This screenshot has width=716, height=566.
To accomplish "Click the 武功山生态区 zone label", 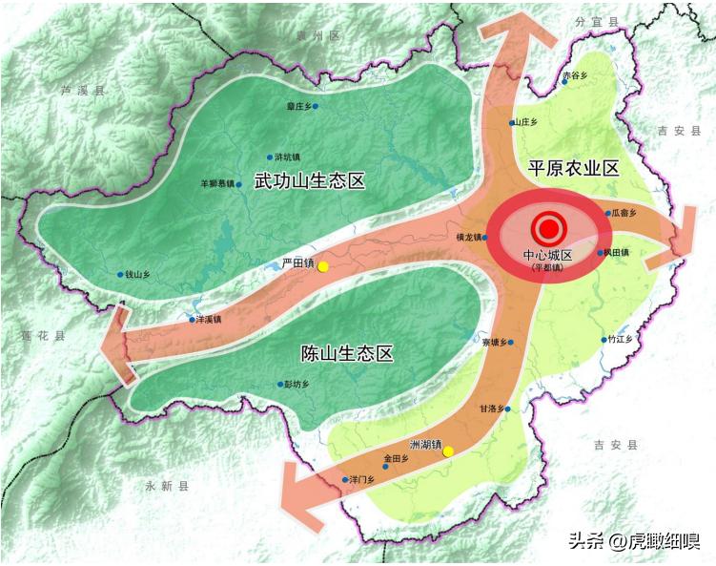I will tap(311, 180).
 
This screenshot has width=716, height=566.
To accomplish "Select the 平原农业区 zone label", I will tap(574, 169).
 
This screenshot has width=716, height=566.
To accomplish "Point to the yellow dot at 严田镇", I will tap(323, 266).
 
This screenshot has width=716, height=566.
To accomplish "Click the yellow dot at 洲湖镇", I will tap(448, 451).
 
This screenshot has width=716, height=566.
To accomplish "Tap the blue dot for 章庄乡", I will tap(316, 107).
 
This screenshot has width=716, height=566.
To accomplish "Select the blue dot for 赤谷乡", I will tap(564, 82).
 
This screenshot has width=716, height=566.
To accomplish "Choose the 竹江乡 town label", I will tap(619, 339).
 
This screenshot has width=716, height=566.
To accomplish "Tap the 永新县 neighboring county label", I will tap(167, 486).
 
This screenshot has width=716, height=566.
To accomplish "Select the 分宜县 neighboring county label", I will tap(597, 20).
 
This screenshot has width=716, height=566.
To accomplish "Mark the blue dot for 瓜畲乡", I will tap(606, 214).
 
